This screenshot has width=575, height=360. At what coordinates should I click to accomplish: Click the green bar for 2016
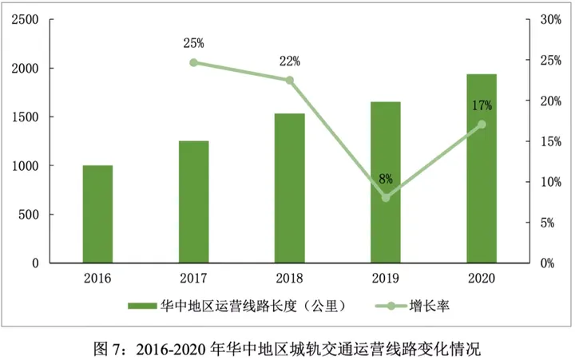97,214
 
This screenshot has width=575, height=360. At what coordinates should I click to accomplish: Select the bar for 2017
193,202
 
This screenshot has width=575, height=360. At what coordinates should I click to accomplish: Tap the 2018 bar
289,188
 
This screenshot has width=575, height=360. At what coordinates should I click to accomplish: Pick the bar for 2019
385,182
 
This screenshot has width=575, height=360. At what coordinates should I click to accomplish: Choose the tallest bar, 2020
482,168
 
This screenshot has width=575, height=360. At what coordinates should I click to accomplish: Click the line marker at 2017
193,62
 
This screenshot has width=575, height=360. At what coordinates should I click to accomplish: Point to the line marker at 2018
289,80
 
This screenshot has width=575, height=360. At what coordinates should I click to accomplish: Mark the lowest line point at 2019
386,197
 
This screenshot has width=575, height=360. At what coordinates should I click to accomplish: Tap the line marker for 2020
482,125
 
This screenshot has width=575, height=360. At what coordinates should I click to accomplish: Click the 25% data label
194,42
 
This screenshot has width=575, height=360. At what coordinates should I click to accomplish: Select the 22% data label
289,61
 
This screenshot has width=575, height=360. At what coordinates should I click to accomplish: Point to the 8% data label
386,178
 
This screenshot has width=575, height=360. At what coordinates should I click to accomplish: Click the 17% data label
482,105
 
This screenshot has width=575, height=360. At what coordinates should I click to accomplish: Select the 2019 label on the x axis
386,278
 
